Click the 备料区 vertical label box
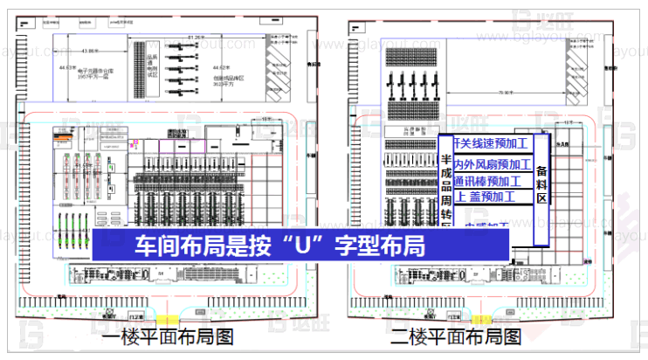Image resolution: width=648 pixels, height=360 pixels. (x=541, y=180)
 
